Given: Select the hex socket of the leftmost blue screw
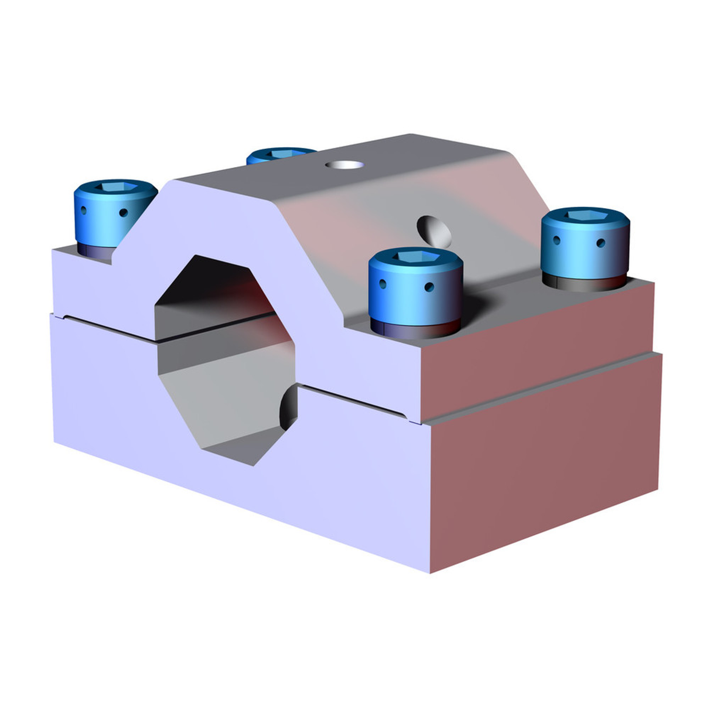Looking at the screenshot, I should click(x=116, y=187).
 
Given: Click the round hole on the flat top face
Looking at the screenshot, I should click(x=345, y=165).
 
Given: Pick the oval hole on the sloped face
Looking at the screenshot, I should click(x=434, y=230).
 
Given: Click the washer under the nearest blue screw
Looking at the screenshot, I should click(x=415, y=329).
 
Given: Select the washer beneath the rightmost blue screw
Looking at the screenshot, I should click(x=584, y=282).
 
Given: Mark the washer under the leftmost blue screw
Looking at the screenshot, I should click(x=94, y=250).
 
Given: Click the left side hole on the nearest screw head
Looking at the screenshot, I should click(x=383, y=284).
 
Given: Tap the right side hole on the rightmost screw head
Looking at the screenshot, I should click(x=600, y=243).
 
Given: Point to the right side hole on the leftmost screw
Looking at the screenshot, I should click(x=123, y=213).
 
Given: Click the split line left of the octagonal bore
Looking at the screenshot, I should click(x=109, y=327).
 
